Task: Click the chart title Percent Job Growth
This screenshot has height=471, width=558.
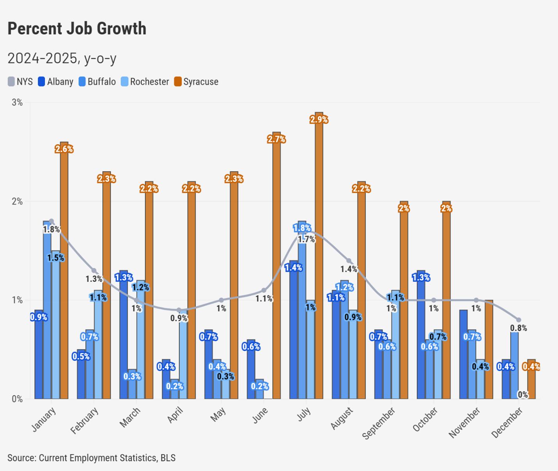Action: click(77, 29)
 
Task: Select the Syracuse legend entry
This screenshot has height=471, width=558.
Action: click(196, 82)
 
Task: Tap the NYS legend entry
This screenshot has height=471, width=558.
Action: click(20, 82)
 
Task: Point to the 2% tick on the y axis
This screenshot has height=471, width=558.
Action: click(17, 202)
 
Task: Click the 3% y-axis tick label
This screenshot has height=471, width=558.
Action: click(17, 103)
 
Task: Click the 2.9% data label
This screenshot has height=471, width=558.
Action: click(319, 120)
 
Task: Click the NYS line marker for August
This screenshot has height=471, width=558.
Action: click(349, 261)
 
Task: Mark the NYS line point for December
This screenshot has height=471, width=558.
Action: click(519, 320)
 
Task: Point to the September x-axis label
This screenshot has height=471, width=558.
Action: click(379, 423)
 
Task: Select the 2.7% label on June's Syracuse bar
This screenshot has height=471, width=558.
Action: click(276, 139)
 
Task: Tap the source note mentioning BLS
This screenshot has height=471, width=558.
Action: click(91, 458)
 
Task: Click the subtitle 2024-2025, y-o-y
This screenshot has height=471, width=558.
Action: click(62, 59)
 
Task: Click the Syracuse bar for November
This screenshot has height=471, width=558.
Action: click(489, 349)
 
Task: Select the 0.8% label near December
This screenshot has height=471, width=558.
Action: click(519, 328)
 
